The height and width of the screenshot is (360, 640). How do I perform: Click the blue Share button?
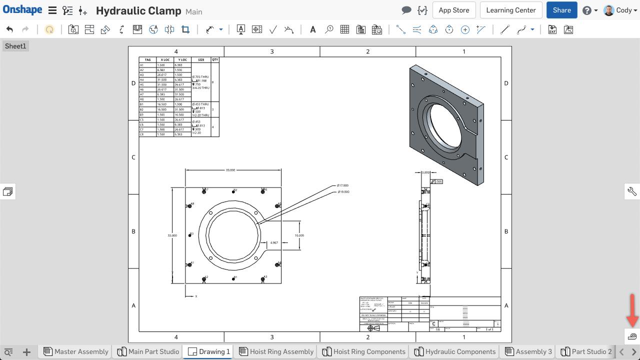(561, 10)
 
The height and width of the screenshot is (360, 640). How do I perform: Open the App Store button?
(453, 10)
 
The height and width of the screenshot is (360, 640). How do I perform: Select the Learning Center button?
(510, 10)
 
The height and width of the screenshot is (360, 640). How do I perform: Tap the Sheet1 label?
(15, 46)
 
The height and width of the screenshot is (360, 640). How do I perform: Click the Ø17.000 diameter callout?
(343, 185)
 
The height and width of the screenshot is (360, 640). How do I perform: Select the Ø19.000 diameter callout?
(343, 192)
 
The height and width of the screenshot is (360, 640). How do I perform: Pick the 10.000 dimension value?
(299, 235)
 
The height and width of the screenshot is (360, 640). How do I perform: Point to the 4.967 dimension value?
(274, 242)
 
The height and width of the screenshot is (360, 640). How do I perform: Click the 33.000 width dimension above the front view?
(230, 170)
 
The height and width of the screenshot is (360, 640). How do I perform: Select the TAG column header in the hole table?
(147, 60)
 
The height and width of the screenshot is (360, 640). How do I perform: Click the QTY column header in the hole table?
(214, 60)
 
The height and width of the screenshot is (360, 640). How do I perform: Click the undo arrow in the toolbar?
(9, 29)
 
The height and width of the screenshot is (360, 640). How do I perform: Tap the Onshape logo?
(22, 10)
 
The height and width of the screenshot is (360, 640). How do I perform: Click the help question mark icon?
(587, 10)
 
